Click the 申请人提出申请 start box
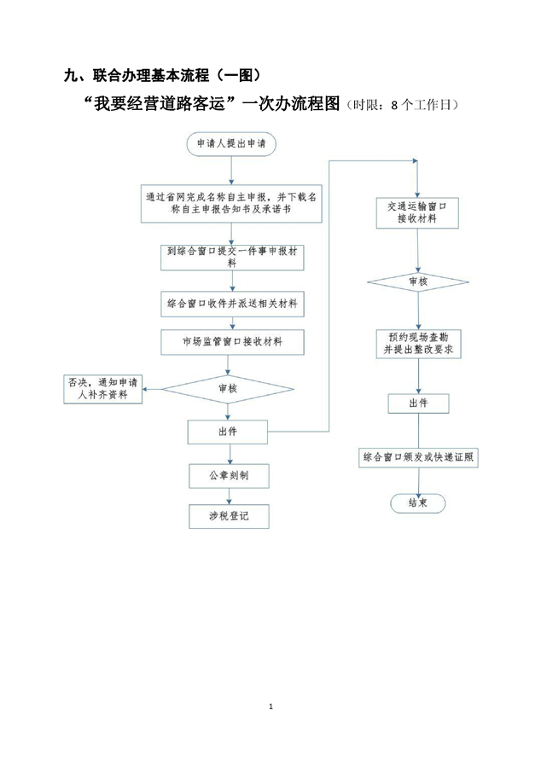coord(230,143)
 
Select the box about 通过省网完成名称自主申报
coord(232,203)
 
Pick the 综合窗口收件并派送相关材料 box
coord(232,303)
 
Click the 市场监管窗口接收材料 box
coord(232,342)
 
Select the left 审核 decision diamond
coord(228,389)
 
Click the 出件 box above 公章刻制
coord(228,432)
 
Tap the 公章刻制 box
coord(228,474)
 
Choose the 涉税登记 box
coord(228,516)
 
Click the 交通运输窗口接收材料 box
coord(417,212)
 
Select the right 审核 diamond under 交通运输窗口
coord(417,281)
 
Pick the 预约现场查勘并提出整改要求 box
coord(417,344)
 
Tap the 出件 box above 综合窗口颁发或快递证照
coord(417,403)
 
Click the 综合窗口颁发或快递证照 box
coord(417,458)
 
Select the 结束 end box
coord(417,503)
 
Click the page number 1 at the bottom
coord(270,706)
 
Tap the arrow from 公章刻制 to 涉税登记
coord(228,496)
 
